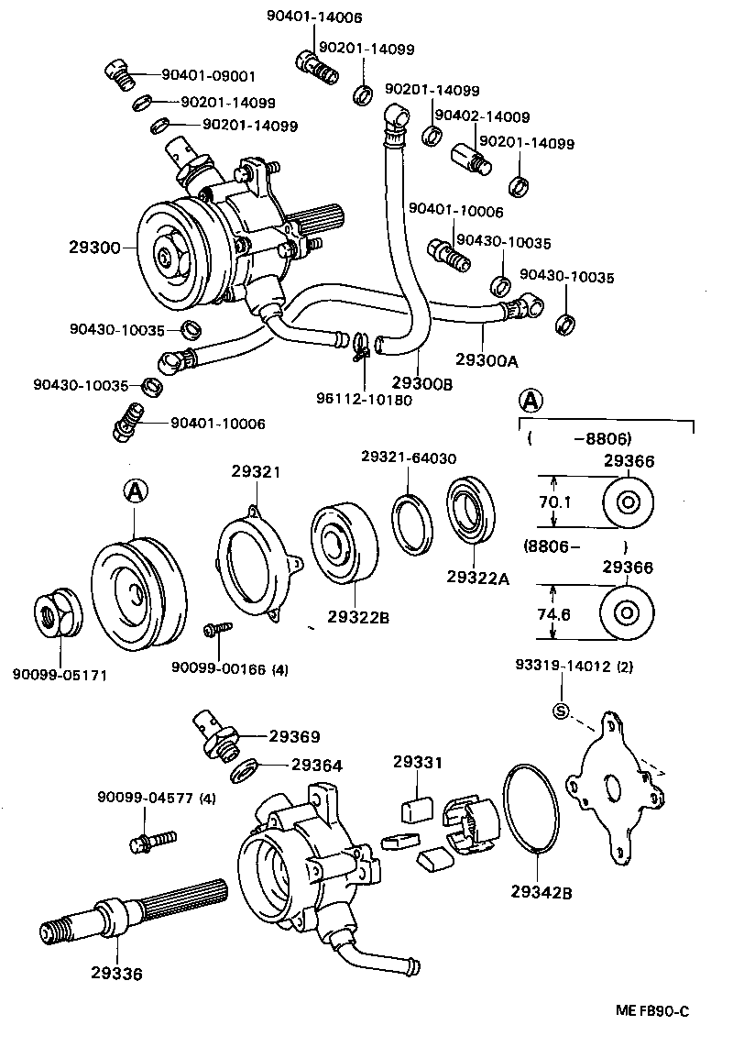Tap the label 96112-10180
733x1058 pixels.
pyautogui.click(x=364, y=399)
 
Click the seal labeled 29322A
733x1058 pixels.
pyautogui.click(x=471, y=522)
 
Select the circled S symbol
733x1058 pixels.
pyautogui.click(x=561, y=711)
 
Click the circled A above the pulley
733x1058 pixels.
pyautogui.click(x=135, y=492)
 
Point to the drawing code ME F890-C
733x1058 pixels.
pyautogui.click(x=651, y=1011)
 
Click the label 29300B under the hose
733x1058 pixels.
pyautogui.click(x=422, y=383)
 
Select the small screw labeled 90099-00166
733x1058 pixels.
pyautogui.click(x=218, y=631)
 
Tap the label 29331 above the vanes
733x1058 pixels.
pyautogui.click(x=418, y=762)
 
